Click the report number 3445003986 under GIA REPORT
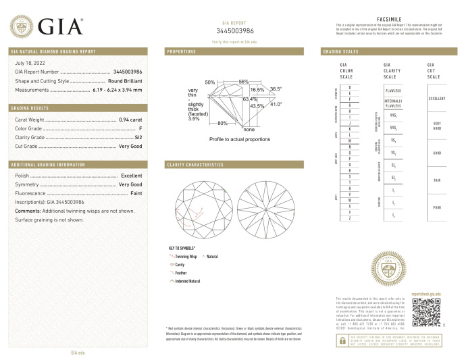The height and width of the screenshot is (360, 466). click(235, 31)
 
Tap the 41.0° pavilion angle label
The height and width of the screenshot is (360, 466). click(276, 103)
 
